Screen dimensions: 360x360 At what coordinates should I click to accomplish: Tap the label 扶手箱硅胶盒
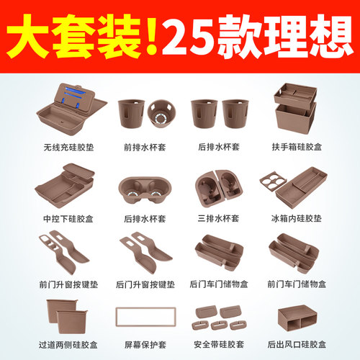[x=294, y=144]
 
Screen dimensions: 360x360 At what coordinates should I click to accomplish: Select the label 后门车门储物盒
[x=217, y=284]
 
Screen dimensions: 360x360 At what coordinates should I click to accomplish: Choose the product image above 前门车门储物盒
[x=294, y=252]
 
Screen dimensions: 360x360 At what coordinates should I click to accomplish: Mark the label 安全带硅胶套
[x=217, y=343]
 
